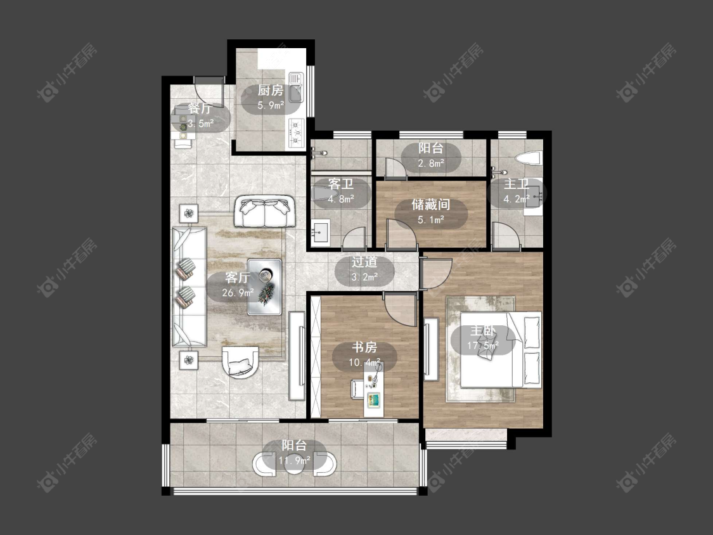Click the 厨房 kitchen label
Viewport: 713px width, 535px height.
tap(271, 90)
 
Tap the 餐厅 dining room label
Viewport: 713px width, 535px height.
tap(200, 108)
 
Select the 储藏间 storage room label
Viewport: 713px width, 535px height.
tap(430, 204)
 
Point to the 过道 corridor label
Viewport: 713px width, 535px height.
tap(364, 262)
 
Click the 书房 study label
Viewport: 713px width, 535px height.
tap(364, 347)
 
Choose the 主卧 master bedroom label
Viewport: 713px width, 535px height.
tap(482, 331)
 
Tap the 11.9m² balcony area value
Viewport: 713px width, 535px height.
tap(294, 460)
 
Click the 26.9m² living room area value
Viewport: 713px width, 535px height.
tap(238, 292)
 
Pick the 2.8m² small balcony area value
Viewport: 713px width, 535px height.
tap(430, 163)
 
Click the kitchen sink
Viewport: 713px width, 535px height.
tap(295, 87)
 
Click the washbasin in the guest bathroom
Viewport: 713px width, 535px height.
tap(321, 233)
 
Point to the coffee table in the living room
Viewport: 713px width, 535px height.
tap(264, 287)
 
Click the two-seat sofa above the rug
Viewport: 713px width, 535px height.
tap(264, 211)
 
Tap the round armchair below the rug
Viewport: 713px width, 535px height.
tap(240, 362)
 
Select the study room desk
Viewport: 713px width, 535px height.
tap(374, 390)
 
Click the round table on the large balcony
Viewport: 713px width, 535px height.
tap(295, 464)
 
